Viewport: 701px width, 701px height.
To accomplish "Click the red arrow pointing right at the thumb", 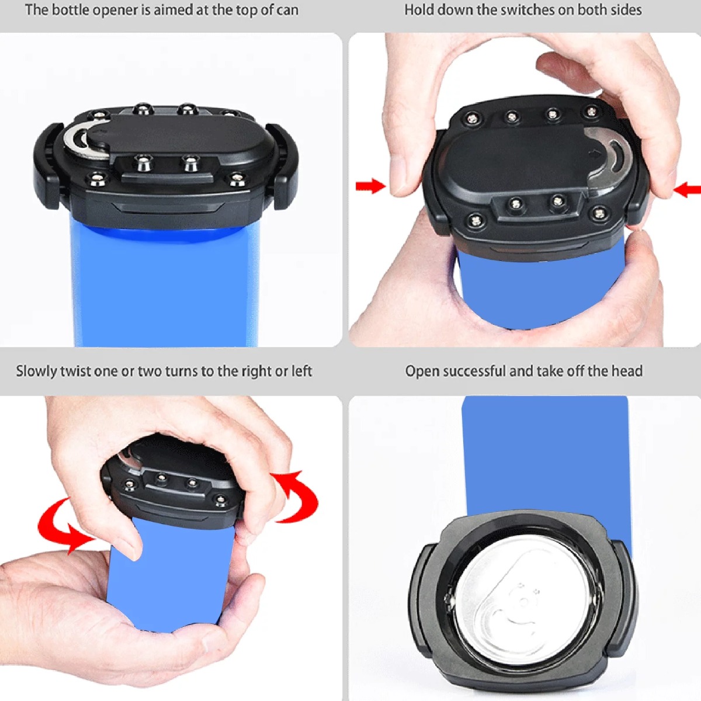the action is (370, 186).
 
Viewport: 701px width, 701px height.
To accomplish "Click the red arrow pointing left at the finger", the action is (686, 190).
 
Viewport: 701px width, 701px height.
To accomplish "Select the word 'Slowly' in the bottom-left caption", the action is (36, 372).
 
